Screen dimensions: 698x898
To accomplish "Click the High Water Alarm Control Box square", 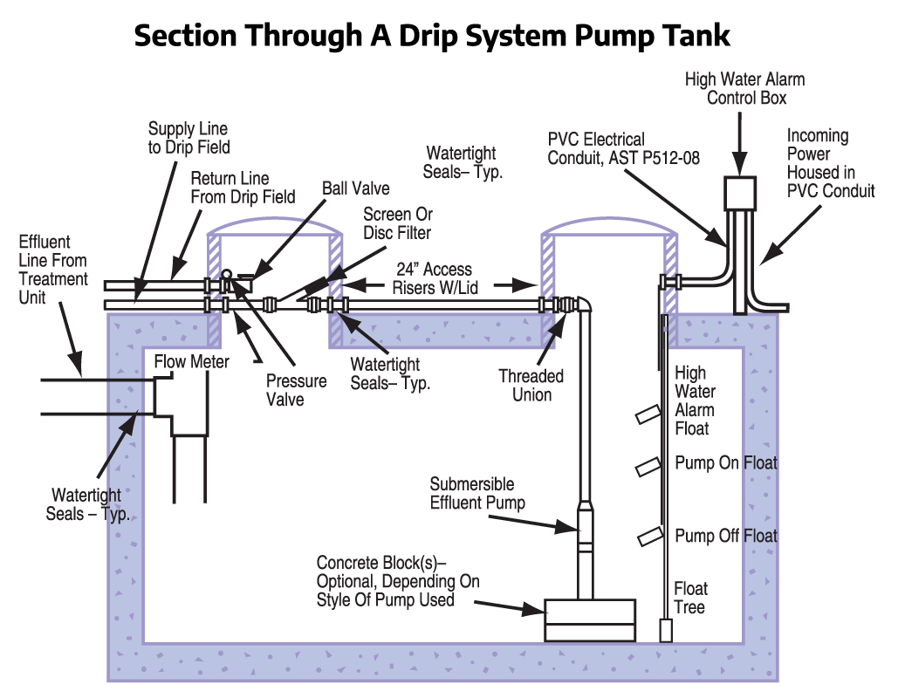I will click(x=739, y=191).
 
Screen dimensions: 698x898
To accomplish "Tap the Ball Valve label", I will click(x=355, y=188).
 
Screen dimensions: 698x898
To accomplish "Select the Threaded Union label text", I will click(x=531, y=385).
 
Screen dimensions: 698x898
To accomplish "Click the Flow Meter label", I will click(x=192, y=360).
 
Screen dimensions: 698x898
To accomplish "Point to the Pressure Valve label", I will click(x=297, y=390).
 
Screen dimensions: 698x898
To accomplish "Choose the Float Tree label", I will click(x=690, y=598).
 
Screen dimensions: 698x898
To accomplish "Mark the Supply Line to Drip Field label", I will click(x=189, y=138).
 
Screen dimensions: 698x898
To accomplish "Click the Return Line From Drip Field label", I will click(x=243, y=188).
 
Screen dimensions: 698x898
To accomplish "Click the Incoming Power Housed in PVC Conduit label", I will click(x=830, y=163).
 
